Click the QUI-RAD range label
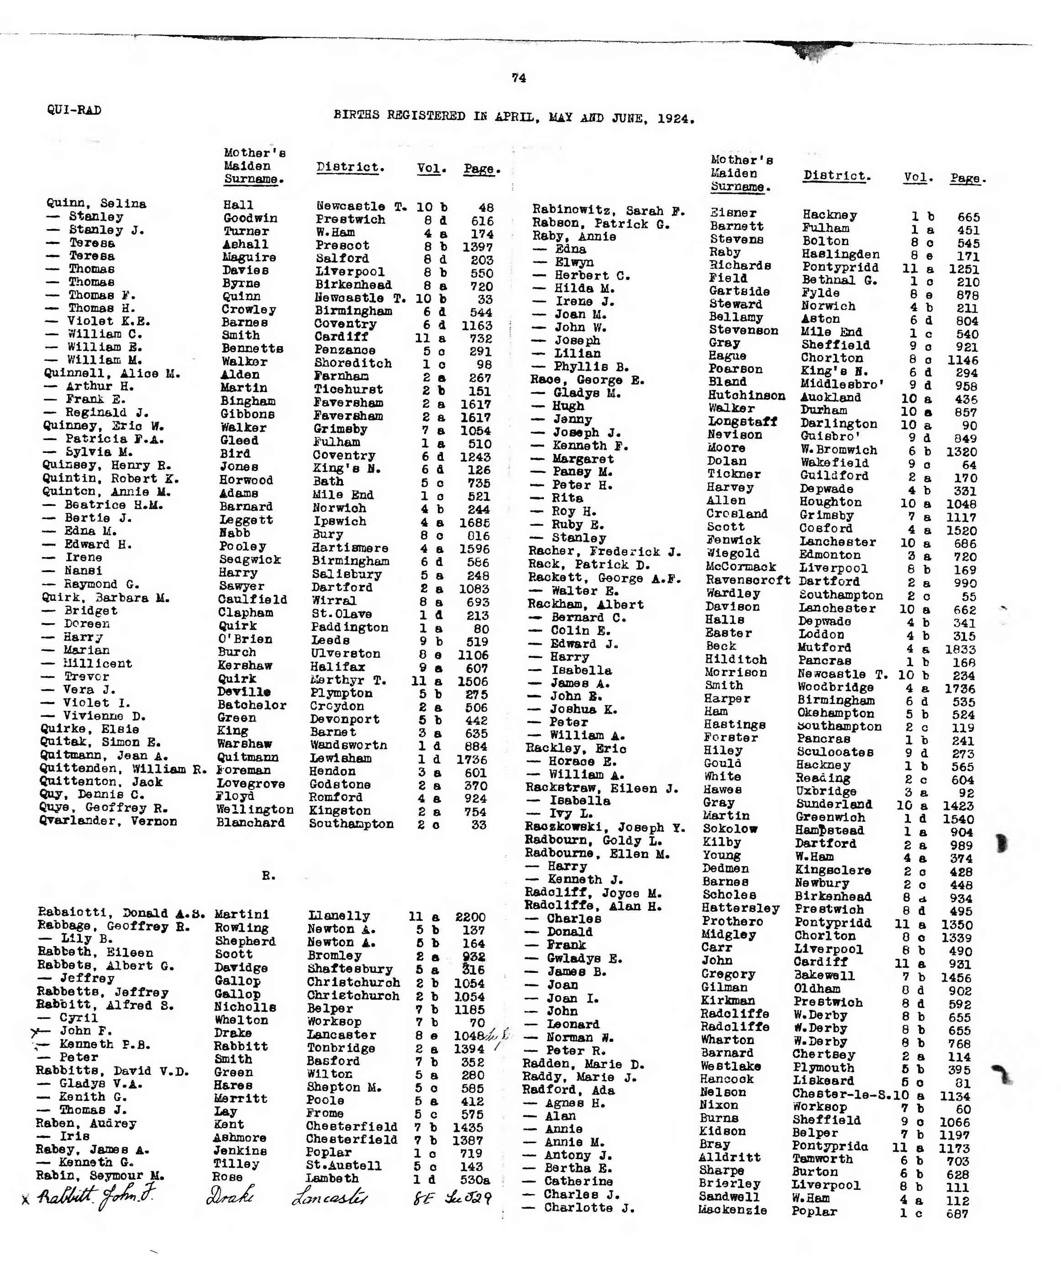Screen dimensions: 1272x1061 point(74,110)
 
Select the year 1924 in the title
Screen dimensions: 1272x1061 point(675,118)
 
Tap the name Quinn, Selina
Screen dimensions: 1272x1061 point(96,204)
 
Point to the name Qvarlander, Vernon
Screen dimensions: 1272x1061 point(108,821)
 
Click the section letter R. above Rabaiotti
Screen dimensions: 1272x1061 point(268,876)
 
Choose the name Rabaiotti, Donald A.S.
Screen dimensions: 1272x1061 point(121,914)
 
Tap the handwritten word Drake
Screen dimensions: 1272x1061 point(230,1196)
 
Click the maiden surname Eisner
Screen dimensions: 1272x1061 point(733,213)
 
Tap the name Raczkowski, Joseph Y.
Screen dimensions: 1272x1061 point(604,827)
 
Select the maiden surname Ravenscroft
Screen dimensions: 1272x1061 point(747,580)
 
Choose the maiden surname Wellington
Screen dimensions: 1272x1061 point(254,810)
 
